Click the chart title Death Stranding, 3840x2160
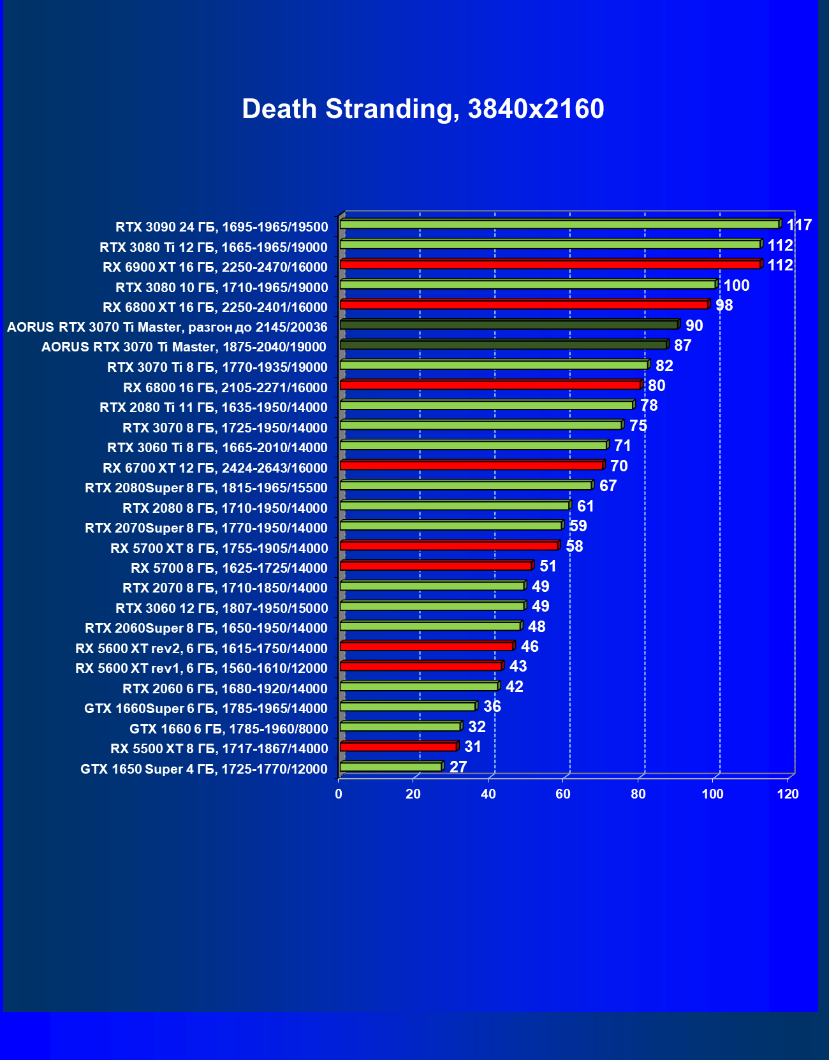coord(423,109)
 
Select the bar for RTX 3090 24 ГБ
coord(559,225)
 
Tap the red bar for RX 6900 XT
coord(550,265)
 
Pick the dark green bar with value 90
coord(508,325)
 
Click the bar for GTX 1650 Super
coord(390,767)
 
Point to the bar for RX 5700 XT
coord(449,546)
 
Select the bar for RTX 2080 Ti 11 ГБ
coord(486,405)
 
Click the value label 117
coord(799,225)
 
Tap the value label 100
coord(737,285)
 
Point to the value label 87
coord(682,346)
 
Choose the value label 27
coord(458,767)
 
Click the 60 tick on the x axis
coord(563,794)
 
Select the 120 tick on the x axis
coord(788,794)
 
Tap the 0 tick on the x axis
coord(339,794)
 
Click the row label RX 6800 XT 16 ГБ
coord(215,307)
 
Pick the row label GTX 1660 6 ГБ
coord(228,729)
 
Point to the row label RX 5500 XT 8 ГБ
coord(219,749)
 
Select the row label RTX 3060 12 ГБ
coord(221,608)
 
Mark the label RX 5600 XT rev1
coord(201,668)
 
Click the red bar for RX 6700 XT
coord(471,466)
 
